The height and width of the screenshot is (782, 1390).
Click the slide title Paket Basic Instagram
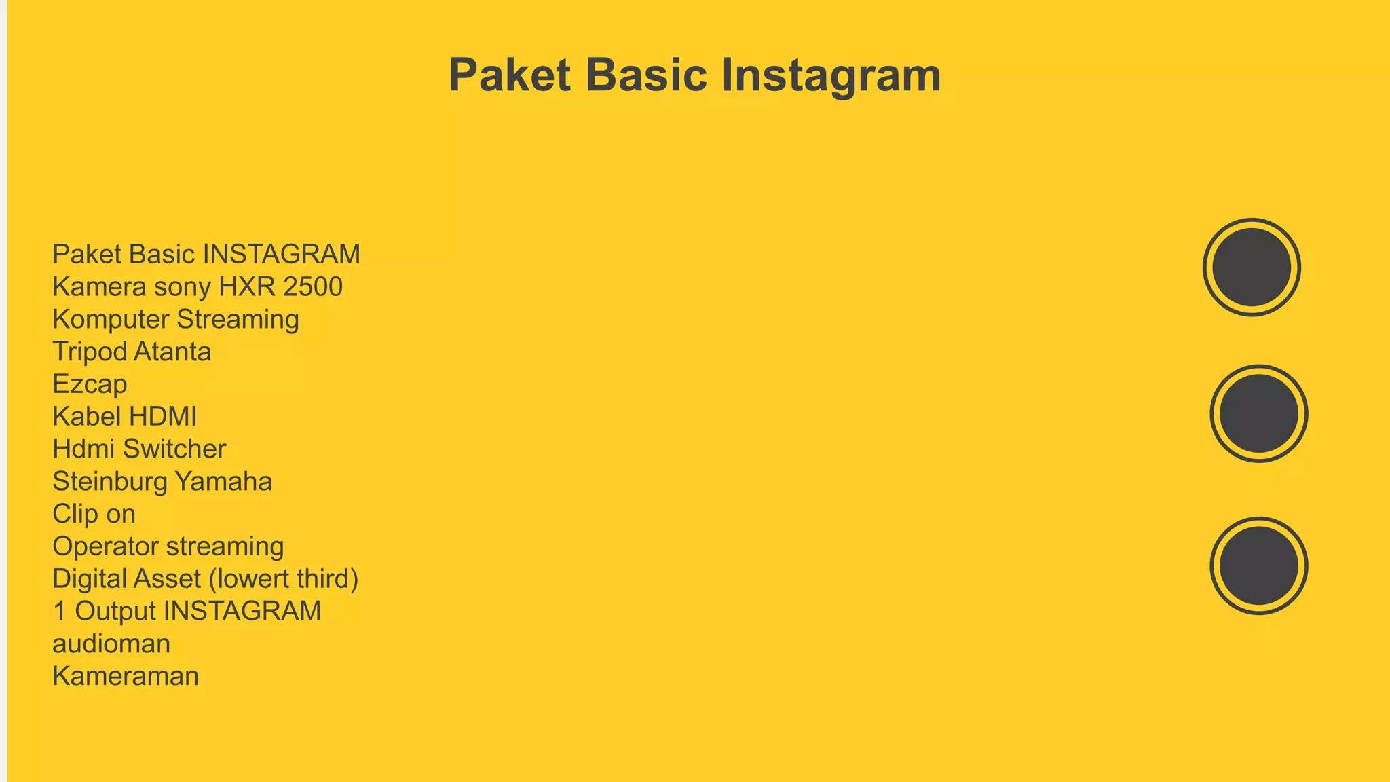[694, 75]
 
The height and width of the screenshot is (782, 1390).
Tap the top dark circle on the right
[1252, 267]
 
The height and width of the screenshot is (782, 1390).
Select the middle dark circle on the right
[1258, 413]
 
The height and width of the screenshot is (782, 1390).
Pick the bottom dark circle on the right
[1258, 565]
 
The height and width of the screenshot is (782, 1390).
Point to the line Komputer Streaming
[175, 319]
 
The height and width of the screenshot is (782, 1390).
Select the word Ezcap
[90, 384]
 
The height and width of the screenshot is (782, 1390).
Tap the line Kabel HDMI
[124, 416]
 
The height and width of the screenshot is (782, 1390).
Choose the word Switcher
[174, 449]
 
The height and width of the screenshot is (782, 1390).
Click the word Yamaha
[223, 481]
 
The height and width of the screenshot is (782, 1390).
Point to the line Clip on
[94, 514]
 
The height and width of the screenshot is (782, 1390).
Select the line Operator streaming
[168, 546]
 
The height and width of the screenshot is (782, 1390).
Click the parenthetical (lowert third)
[283, 579]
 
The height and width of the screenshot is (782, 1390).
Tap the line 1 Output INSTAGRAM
[187, 611]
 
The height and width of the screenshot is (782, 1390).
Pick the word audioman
[111, 644]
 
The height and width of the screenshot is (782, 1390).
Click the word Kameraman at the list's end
[126, 676]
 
